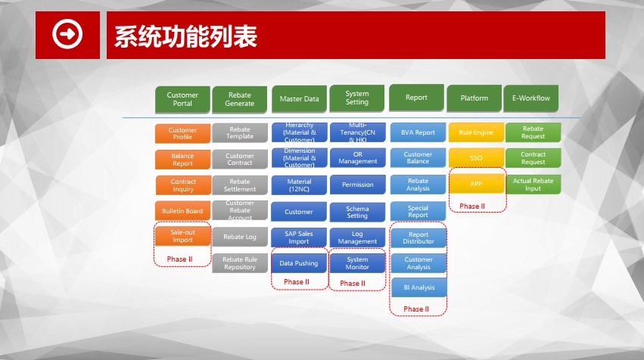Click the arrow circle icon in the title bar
[x=67, y=34]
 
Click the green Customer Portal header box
[x=183, y=99]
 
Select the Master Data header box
[x=300, y=98]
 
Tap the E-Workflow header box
[x=531, y=98]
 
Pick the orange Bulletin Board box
[x=183, y=211]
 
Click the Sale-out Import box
[x=183, y=236]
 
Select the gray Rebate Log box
[x=240, y=237]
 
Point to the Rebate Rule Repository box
[x=240, y=263]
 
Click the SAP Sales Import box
[x=299, y=237]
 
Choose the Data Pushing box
[x=299, y=263]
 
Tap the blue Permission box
[x=358, y=185]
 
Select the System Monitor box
[x=357, y=263]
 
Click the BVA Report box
[x=418, y=132]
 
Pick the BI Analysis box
[x=419, y=287]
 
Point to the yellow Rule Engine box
[x=477, y=132]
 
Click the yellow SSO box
[x=477, y=158]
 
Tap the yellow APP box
[x=477, y=184]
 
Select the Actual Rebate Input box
[x=533, y=185]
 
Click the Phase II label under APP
[x=472, y=206]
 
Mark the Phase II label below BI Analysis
[x=416, y=309]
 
